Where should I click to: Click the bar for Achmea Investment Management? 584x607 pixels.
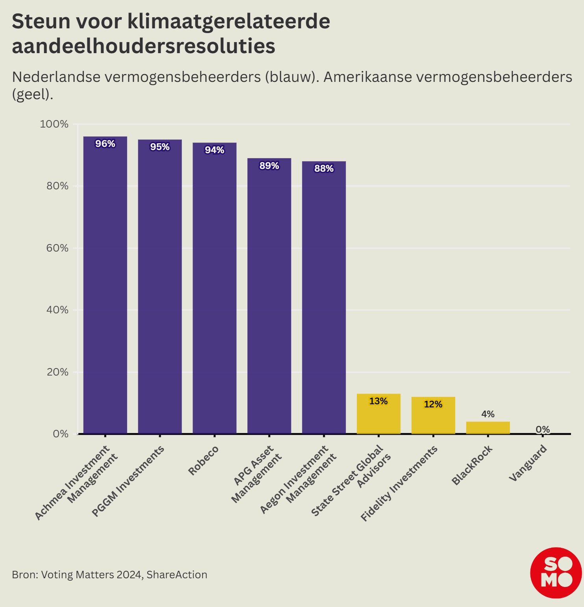tap(105, 285)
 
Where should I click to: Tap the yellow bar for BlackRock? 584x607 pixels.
tap(488, 428)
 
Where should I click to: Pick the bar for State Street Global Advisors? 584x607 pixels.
tap(378, 414)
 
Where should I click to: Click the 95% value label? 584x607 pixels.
tap(160, 147)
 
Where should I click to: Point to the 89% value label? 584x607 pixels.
tap(269, 166)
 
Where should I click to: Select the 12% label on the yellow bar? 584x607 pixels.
tap(433, 404)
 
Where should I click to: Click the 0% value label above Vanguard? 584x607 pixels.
tap(543, 429)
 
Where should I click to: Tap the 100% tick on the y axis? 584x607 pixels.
tap(54, 124)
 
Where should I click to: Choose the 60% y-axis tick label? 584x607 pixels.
tap(57, 248)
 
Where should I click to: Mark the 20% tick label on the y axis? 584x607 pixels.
tap(57, 372)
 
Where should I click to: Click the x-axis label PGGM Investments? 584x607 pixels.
tap(128, 481)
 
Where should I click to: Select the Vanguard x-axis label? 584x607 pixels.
tap(528, 463)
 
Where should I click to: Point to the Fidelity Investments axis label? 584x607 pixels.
tap(399, 483)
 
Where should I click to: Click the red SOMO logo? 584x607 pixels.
tap(556, 573)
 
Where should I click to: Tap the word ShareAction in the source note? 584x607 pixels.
tap(177, 575)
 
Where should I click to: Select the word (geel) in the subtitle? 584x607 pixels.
tap(32, 94)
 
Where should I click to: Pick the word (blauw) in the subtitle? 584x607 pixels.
tap(291, 77)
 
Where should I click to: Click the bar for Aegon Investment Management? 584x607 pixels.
tap(324, 298)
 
